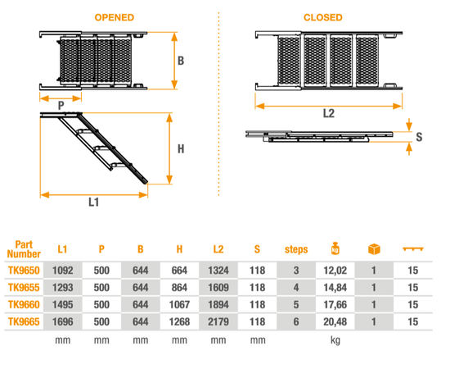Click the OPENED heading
click(115, 17)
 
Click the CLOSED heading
click(323, 17)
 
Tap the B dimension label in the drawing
click(181, 61)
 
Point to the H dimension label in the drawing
click(181, 149)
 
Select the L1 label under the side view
click(94, 203)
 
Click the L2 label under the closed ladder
click(329, 113)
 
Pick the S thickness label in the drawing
click(419, 137)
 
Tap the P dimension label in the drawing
click(61, 106)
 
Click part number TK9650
click(24, 271)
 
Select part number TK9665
click(24, 321)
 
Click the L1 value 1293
click(62, 287)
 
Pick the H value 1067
click(179, 304)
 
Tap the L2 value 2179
click(218, 321)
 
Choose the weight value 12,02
click(335, 271)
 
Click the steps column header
click(296, 249)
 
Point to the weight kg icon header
click(335, 248)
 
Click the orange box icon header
click(374, 248)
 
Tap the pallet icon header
click(413, 248)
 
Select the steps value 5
click(296, 304)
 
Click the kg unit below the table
click(335, 340)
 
